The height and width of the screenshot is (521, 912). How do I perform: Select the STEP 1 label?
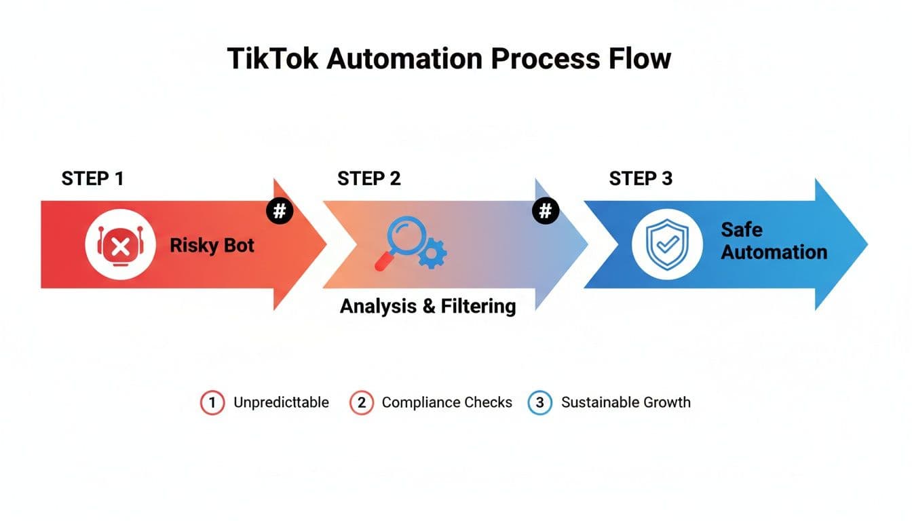point(92,178)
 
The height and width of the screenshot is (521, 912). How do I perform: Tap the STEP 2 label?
point(368,178)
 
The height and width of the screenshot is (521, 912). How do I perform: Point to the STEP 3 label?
point(641,178)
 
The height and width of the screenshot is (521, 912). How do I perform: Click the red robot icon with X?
point(120,246)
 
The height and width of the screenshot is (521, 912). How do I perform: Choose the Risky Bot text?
point(212,246)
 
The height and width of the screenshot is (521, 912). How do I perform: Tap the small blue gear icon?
point(432,256)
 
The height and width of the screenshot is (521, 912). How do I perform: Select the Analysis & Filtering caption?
point(427,306)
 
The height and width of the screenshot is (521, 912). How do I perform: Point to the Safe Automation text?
point(774,241)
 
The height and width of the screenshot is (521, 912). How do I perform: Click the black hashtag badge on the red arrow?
point(279,211)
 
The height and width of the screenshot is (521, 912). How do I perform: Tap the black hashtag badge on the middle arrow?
point(545,211)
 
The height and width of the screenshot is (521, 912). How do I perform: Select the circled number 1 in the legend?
point(212,402)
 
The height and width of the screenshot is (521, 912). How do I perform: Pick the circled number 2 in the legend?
point(362,402)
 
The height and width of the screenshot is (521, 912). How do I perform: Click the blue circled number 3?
point(540,402)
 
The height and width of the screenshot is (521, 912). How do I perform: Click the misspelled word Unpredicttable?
point(281,402)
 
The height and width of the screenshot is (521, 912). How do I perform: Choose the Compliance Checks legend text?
point(446,402)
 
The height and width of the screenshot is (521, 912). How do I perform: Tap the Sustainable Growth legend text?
point(626,402)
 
